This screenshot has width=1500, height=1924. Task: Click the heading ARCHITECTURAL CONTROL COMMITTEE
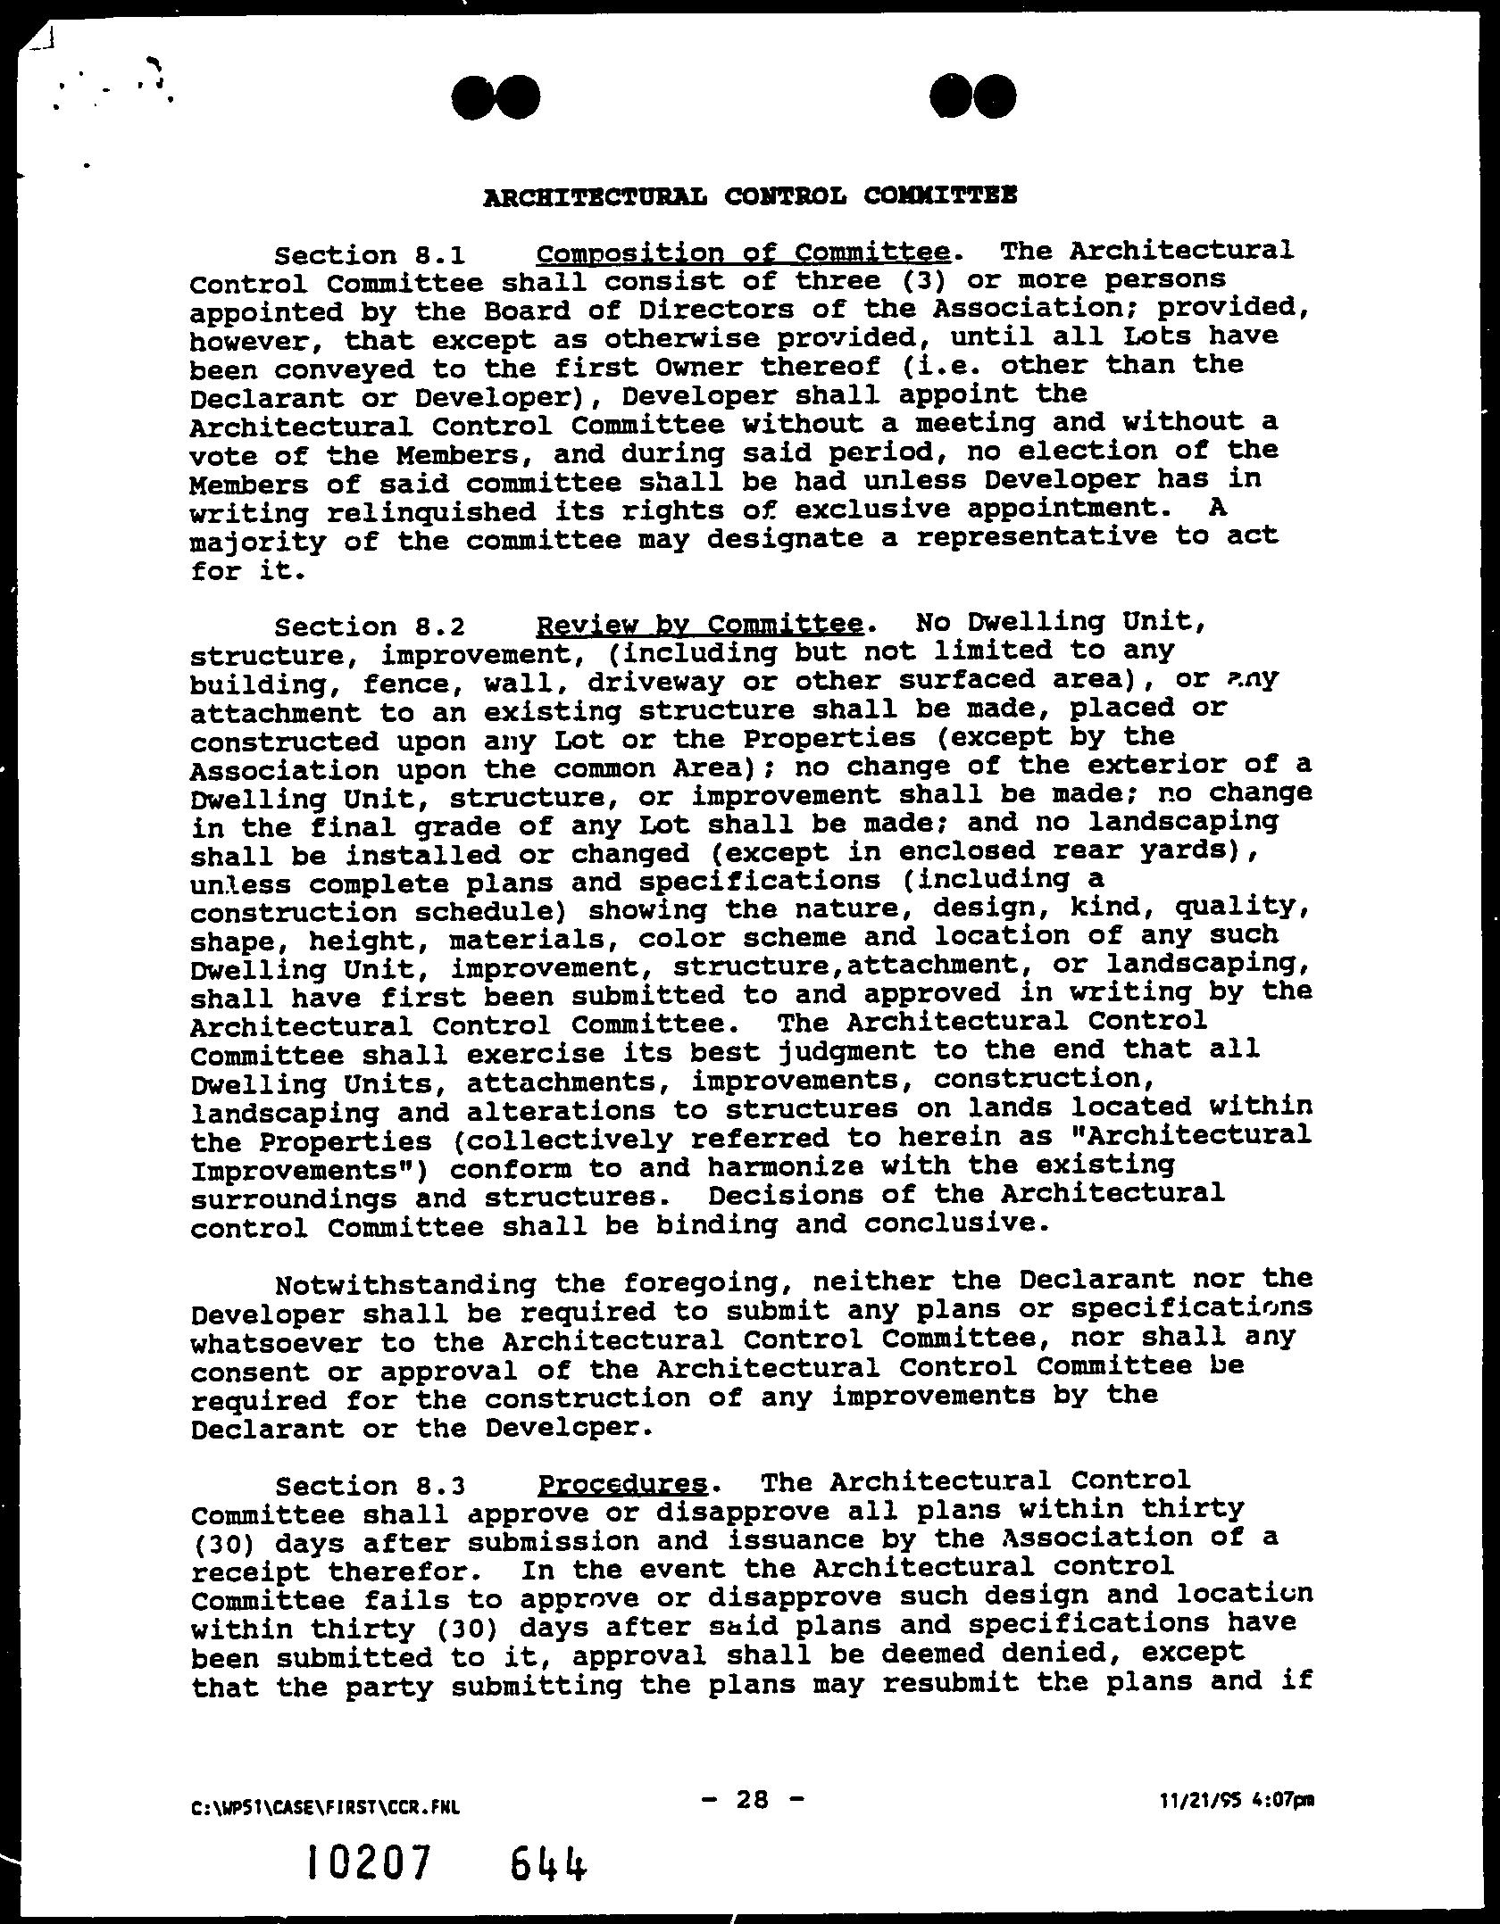click(749, 195)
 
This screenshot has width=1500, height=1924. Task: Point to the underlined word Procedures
click(621, 1484)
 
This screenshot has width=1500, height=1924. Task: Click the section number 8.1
click(441, 256)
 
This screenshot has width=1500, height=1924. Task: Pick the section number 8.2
click(441, 626)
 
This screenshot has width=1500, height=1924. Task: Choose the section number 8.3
click(441, 1486)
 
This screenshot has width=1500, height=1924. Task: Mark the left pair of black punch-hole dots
click(496, 97)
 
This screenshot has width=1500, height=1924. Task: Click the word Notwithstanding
click(406, 1284)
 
